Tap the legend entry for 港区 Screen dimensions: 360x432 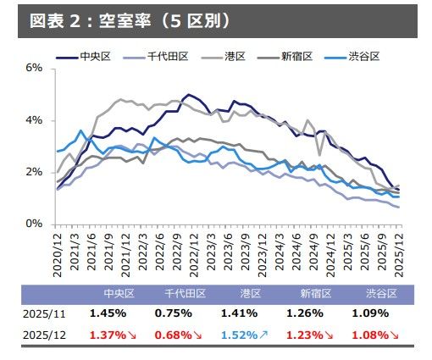[x=235, y=57]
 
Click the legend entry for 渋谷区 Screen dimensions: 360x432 [x=361, y=57]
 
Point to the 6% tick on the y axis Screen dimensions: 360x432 [x=33, y=68]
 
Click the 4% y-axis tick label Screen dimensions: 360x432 [x=33, y=120]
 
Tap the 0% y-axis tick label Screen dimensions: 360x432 [x=33, y=224]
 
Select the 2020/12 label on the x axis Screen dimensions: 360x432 [x=58, y=253]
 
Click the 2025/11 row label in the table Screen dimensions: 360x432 [x=42, y=313]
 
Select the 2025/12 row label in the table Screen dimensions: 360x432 [x=42, y=334]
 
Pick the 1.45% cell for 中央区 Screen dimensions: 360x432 [x=108, y=313]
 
